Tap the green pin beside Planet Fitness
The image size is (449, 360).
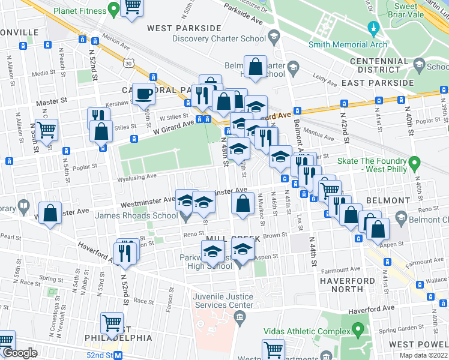coord(112,10)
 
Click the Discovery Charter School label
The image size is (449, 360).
coord(218,38)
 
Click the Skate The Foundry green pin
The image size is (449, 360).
coord(414,163)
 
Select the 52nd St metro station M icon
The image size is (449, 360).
coord(118,355)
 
